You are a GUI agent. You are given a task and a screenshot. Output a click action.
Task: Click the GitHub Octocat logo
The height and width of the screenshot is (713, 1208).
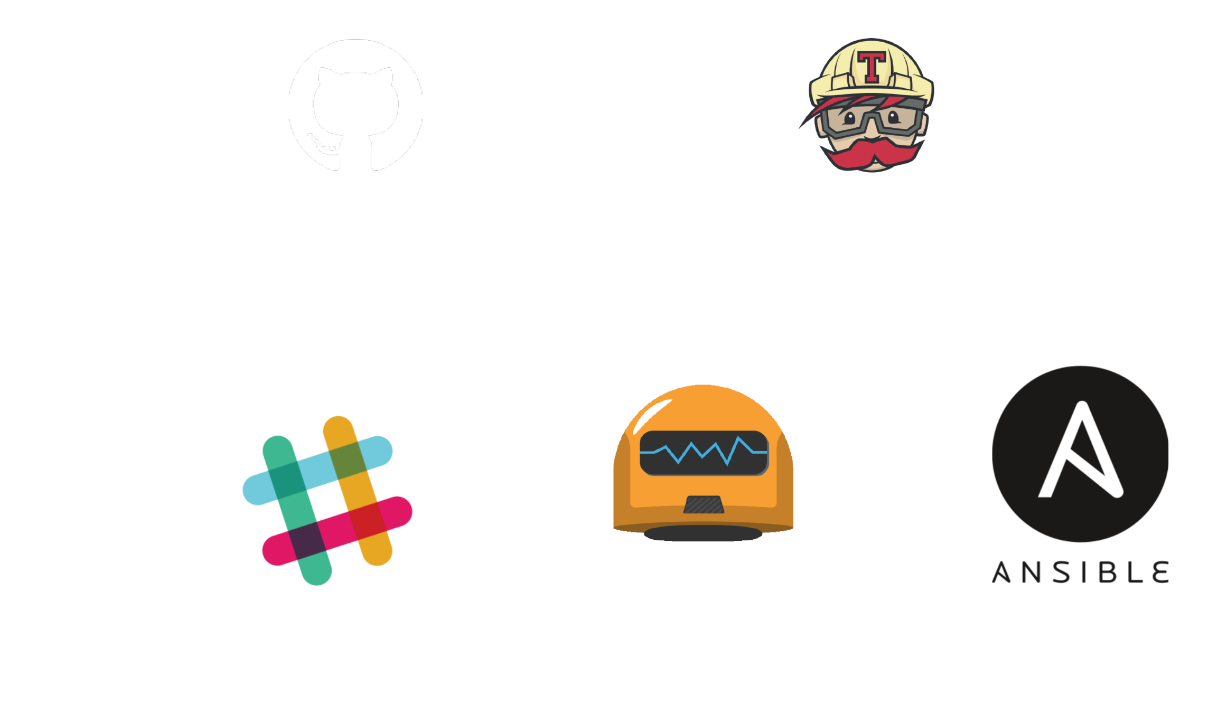355,105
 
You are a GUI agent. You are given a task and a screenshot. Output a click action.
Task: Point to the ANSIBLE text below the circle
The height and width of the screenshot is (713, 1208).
1080,573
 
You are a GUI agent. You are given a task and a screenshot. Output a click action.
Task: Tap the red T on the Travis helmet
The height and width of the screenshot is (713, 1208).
872,65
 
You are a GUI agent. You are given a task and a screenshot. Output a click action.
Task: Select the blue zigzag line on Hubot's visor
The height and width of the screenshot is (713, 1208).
703,451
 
